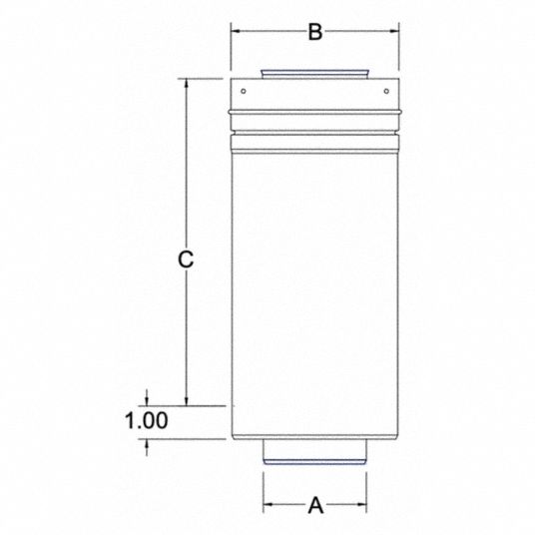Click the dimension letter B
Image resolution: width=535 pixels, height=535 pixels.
315,32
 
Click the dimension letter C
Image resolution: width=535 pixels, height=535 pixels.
186,260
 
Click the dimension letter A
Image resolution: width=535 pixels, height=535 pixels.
315,505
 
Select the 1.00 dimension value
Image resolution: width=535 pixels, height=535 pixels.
147,420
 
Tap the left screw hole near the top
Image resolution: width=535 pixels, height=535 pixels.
244,91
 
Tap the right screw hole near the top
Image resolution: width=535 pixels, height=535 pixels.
386,91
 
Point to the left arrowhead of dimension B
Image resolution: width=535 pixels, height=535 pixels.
236,31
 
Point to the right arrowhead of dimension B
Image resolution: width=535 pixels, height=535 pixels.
394,31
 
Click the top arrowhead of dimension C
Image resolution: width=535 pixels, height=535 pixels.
187,84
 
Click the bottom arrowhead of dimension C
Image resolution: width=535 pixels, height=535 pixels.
187,401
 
